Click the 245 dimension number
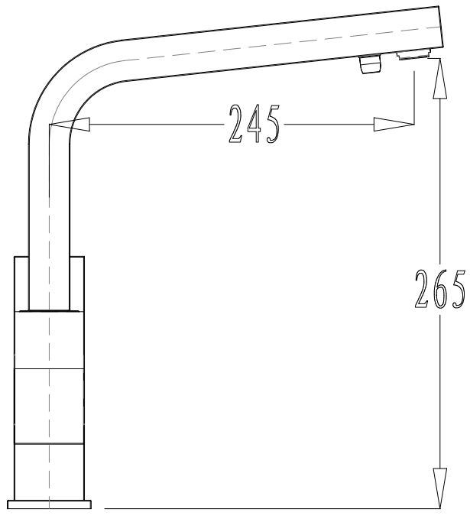tap(254, 124)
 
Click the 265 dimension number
tap(439, 289)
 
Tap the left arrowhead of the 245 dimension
tap(70, 125)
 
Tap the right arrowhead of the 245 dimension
tap(394, 124)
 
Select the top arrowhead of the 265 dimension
tap(439, 79)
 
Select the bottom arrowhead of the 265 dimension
tap(439, 488)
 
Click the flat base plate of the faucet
tap(49, 504)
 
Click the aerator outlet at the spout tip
tap(413, 54)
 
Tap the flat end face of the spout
tap(440, 27)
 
